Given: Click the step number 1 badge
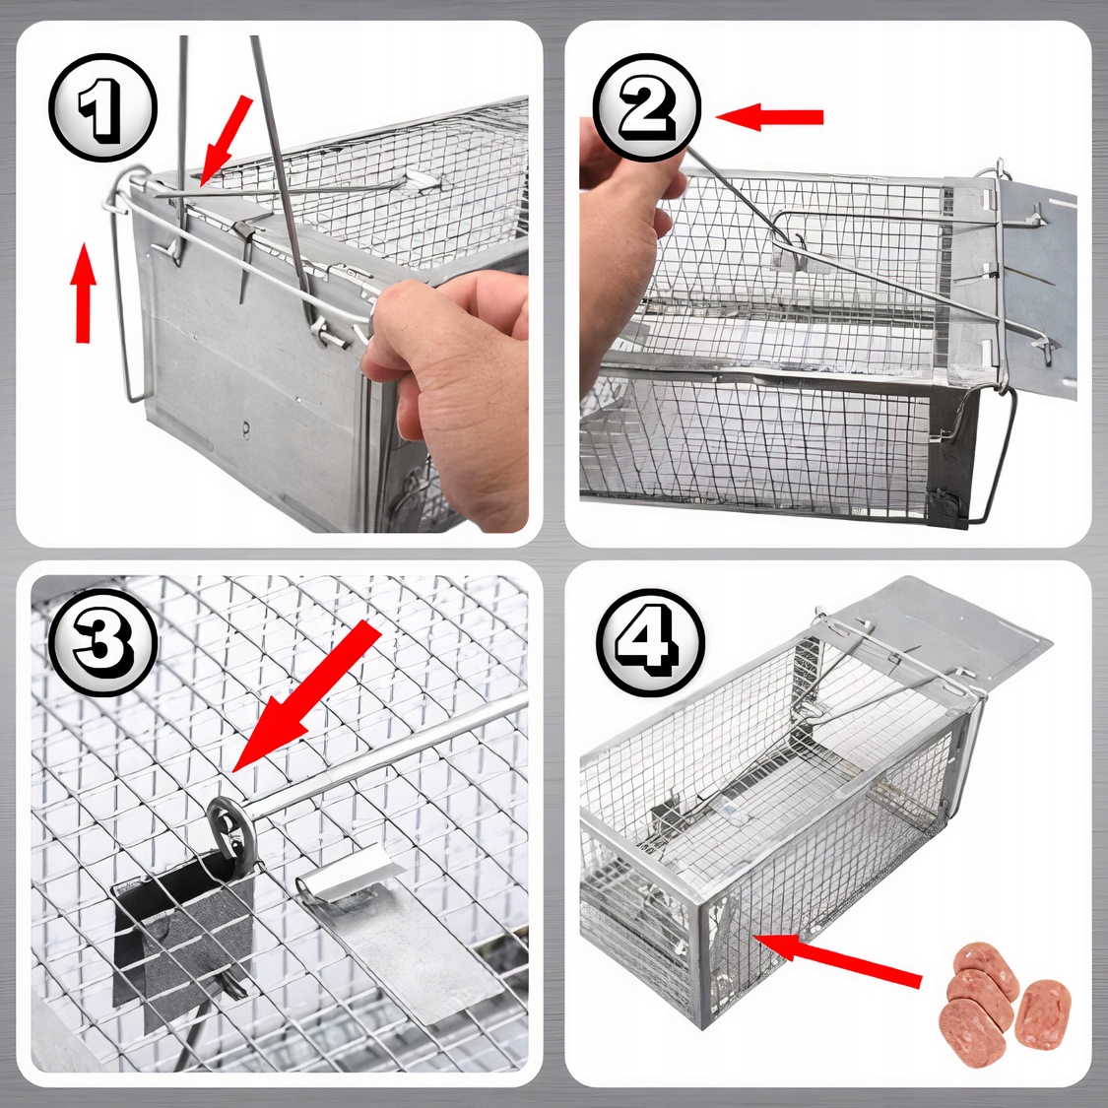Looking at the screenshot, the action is (102, 107).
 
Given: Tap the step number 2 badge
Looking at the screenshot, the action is (646, 107).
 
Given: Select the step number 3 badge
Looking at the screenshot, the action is (102, 642).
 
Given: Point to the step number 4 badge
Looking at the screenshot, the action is (651, 642).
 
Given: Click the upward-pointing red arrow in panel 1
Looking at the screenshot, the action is (84, 293).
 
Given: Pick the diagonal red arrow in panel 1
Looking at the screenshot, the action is (226, 141).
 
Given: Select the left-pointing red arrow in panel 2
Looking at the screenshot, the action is (769, 116).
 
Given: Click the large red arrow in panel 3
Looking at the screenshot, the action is (306, 696).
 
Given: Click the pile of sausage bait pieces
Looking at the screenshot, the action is (1004, 994).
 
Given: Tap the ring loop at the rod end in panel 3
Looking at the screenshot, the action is (228, 826).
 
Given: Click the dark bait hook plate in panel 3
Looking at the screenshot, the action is (184, 933).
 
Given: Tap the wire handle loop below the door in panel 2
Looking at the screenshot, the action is (989, 452).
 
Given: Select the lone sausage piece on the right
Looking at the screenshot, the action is (1043, 1014).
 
